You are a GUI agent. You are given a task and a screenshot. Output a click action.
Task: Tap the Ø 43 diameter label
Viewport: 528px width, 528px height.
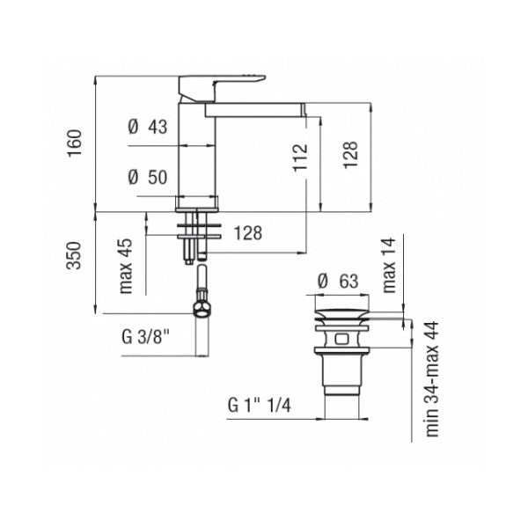coord(146,127)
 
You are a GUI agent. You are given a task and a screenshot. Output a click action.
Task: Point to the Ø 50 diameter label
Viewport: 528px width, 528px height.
coord(146,177)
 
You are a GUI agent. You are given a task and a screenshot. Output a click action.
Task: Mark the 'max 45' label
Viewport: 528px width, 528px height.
coord(126,266)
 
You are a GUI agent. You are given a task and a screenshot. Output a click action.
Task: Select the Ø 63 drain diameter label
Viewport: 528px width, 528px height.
coord(336,282)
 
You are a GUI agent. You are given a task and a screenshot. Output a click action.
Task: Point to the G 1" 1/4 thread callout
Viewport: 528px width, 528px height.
coord(261,407)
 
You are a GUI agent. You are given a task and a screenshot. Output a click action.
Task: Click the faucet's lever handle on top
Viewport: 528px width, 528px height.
coord(216,86)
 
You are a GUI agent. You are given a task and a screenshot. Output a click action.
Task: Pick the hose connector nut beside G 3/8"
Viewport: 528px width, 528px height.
coord(202,309)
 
